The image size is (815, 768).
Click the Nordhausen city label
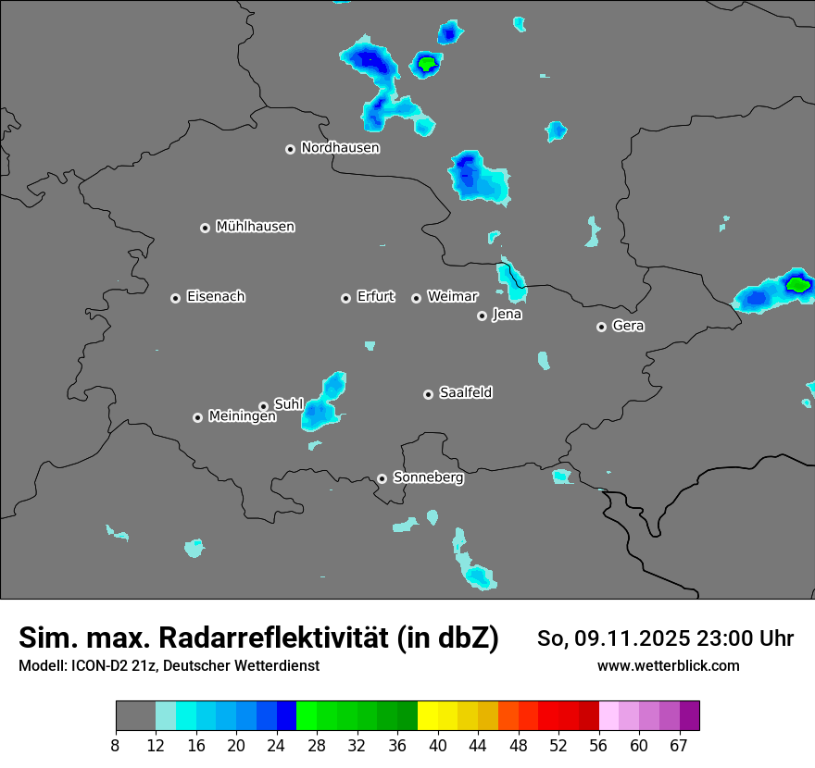[340, 148]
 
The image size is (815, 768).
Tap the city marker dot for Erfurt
[345, 298]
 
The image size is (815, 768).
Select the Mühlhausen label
[255, 227]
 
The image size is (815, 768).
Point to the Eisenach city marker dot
[175, 298]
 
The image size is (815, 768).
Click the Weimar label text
[452, 297]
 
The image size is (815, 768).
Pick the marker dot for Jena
[482, 316]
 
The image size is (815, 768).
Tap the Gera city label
[628, 327]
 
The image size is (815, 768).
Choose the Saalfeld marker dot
[428, 394]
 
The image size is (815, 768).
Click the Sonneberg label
[428, 478]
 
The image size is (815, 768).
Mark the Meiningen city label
[242, 417]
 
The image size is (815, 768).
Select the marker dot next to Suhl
[263, 406]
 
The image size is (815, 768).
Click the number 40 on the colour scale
[438, 746]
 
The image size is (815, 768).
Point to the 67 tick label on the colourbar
[679, 746]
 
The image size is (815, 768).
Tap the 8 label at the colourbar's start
[115, 746]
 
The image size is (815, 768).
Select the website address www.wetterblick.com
[668, 665]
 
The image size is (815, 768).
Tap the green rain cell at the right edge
[796, 284]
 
